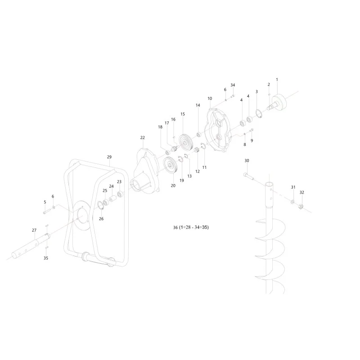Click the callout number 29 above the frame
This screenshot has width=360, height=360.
click(x=109, y=157)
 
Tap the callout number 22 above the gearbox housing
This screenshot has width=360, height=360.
click(x=143, y=138)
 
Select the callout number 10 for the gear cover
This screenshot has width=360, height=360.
click(x=210, y=99)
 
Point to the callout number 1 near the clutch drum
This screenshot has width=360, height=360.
click(x=277, y=80)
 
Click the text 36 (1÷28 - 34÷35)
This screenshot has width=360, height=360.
click(x=191, y=227)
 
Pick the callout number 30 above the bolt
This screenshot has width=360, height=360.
click(x=247, y=161)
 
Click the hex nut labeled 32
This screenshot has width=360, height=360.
click(x=301, y=207)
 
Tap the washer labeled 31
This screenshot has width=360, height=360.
click(x=293, y=202)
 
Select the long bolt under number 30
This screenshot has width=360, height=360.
click(x=248, y=176)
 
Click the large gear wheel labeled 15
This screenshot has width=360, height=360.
click(x=185, y=142)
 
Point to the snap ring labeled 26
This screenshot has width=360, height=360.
click(x=101, y=205)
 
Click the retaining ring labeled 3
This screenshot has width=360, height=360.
click(x=259, y=113)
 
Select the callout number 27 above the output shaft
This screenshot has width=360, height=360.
click(x=34, y=230)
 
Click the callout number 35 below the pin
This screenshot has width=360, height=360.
click(x=46, y=258)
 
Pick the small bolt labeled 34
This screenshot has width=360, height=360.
click(x=232, y=96)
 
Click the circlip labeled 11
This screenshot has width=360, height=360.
click(x=203, y=146)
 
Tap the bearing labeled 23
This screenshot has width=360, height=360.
click(x=120, y=194)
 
